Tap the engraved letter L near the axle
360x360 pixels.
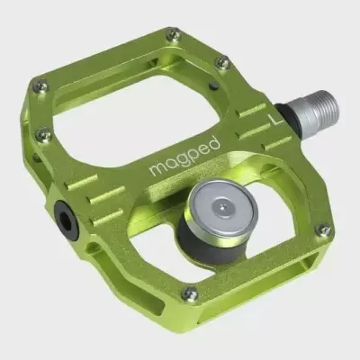276,115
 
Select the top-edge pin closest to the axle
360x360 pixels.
222,62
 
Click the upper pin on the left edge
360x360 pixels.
39,86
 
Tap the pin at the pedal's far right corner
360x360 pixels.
322,231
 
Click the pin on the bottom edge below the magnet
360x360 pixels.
188,293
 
